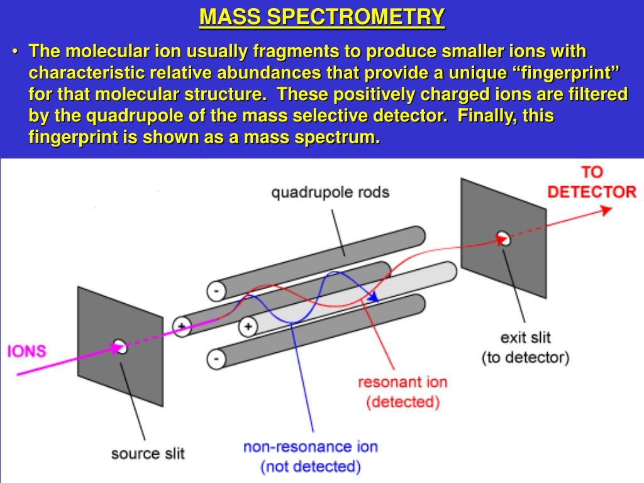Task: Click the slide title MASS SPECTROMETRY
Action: pos(322,17)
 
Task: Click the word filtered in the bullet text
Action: pos(592,94)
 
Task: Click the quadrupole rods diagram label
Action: pos(330,192)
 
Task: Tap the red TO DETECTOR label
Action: pos(591,182)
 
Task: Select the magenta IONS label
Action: pos(26,350)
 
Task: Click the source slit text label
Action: pos(148,453)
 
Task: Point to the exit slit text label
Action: pos(525,338)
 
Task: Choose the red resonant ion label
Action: pos(402,382)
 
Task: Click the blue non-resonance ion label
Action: pos(311,447)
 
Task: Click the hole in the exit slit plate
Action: pos(503,238)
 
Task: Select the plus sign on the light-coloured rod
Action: pos(248,326)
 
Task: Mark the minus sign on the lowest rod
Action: pos(215,360)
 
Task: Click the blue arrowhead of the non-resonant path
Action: pos(374,298)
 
